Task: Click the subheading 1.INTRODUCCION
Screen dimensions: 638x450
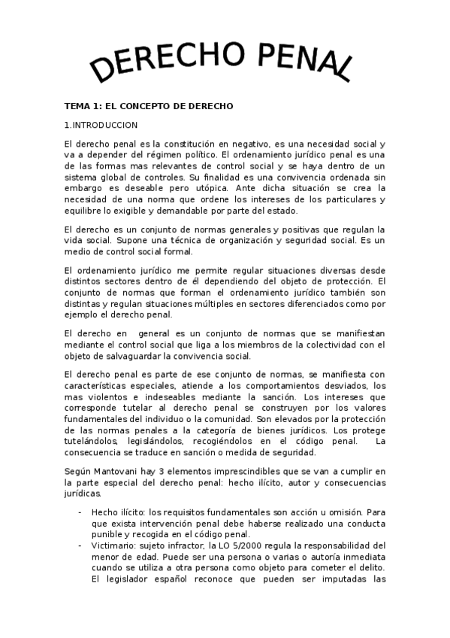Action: (x=101, y=125)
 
